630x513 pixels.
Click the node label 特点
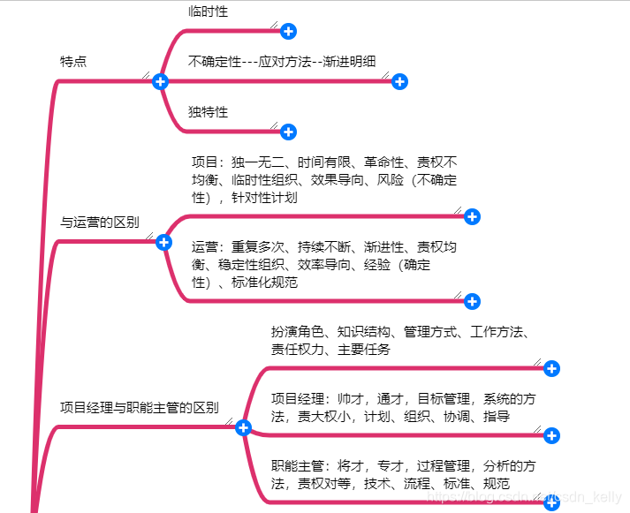(x=73, y=62)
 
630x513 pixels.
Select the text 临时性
(x=209, y=11)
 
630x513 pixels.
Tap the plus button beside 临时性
(x=288, y=32)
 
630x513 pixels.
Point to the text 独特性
(x=209, y=112)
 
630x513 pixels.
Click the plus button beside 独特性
(x=288, y=132)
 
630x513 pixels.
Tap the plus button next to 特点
(x=160, y=81)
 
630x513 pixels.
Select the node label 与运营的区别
(x=99, y=223)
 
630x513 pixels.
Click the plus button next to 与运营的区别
(x=163, y=242)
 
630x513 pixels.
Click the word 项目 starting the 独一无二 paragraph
(x=204, y=162)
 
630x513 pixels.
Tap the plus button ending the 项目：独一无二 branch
(x=472, y=216)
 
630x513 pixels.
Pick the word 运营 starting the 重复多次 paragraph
(x=205, y=247)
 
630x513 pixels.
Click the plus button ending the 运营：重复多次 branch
(x=472, y=302)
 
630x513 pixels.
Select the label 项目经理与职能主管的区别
(x=140, y=407)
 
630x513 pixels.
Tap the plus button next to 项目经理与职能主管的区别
(x=244, y=427)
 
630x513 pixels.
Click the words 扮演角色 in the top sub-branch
(x=298, y=332)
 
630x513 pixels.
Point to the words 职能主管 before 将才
(x=298, y=466)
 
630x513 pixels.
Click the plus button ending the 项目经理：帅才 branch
(x=551, y=435)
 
